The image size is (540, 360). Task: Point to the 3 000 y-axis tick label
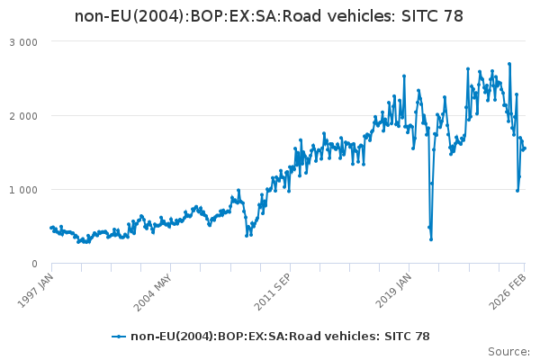click(23, 42)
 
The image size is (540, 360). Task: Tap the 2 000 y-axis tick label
click(23, 116)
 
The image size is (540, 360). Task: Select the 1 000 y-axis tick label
click(23, 190)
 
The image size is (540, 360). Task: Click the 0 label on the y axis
click(33, 264)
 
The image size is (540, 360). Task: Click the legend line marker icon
click(119, 336)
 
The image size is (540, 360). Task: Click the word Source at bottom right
click(508, 351)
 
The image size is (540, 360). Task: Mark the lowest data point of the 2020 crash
click(431, 239)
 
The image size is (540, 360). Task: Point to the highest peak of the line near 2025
click(509, 64)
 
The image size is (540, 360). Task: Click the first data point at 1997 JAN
click(51, 228)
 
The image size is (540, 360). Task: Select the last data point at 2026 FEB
click(525, 148)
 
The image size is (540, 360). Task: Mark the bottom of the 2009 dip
click(247, 235)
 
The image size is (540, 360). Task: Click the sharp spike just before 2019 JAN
click(404, 76)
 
